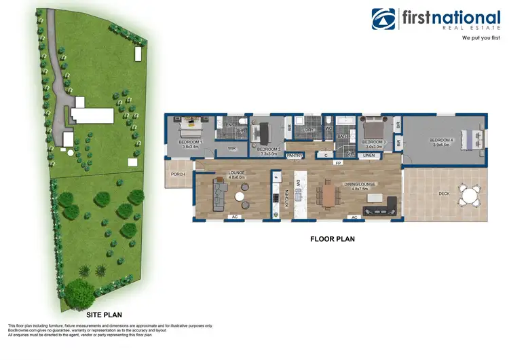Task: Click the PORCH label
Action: coord(178,174)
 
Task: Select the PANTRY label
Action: coord(294,156)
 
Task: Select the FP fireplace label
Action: coord(338,164)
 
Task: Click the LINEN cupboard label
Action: coord(369,156)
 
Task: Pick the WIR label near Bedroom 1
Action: coord(231,147)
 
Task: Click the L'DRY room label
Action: coord(307,130)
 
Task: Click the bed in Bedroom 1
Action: coord(189,127)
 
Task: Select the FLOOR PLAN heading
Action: coord(332,239)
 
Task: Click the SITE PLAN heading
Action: coord(104,316)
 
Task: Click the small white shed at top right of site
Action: coord(138,53)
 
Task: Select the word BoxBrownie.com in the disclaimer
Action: coord(24,330)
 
